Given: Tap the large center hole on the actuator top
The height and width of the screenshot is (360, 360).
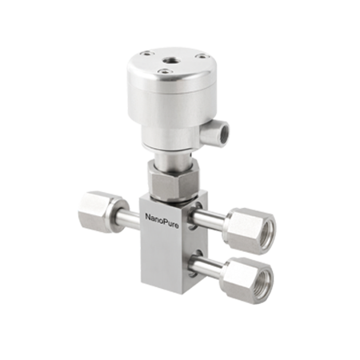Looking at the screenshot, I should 170,60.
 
